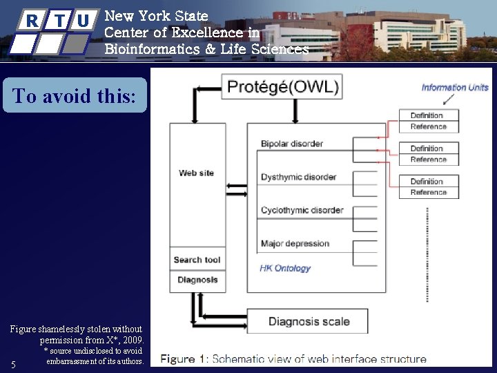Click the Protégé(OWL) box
point(282,87)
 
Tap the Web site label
point(197,173)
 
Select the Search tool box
point(197,260)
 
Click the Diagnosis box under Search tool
point(197,280)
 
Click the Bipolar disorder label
point(292,144)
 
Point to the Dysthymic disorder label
point(298,177)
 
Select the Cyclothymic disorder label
point(302,210)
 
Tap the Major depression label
point(295,243)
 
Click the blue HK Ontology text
point(285,268)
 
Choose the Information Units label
point(455,87)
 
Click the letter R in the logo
point(32,21)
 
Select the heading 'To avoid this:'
point(75,96)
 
